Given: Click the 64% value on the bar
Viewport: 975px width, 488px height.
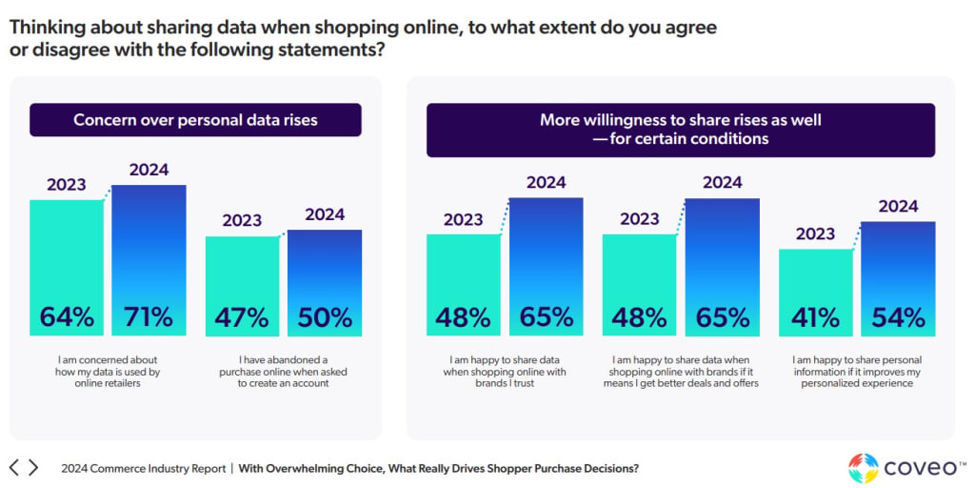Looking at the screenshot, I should pos(67,316).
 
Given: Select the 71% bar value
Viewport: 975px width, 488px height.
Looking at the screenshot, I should pos(149,316).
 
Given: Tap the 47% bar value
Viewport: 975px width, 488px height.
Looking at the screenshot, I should pos(242,316).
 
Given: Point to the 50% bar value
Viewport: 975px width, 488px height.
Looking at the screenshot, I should pos(325,316).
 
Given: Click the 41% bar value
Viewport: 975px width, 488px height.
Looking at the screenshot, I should pos(815,316).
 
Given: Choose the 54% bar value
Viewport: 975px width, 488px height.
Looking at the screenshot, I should pos(898,316).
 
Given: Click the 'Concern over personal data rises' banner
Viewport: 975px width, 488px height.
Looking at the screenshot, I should pos(195,120).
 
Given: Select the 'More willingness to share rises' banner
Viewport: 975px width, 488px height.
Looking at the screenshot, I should pos(680,130).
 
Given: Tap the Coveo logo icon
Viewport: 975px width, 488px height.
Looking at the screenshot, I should pos(864,468).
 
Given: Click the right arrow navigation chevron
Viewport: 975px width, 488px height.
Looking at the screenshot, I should pos(34,468).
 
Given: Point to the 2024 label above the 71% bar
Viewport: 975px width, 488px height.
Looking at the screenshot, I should pos(149,171).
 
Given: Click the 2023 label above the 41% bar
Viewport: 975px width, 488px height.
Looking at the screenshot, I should pos(815,234).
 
